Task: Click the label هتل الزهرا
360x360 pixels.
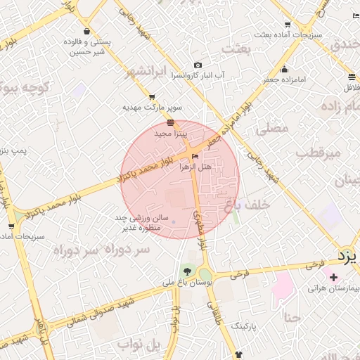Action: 196,167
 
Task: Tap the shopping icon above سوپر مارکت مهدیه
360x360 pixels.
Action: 152,97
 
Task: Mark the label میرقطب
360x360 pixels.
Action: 318,153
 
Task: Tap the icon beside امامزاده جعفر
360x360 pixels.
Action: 284,70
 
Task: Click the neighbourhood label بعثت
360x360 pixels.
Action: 236,49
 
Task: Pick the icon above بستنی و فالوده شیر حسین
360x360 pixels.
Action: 86,32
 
